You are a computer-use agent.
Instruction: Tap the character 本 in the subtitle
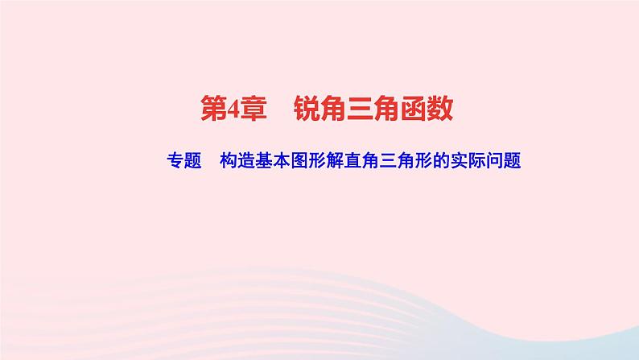(x=282, y=159)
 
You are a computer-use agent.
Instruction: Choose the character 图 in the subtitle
(x=301, y=159)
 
